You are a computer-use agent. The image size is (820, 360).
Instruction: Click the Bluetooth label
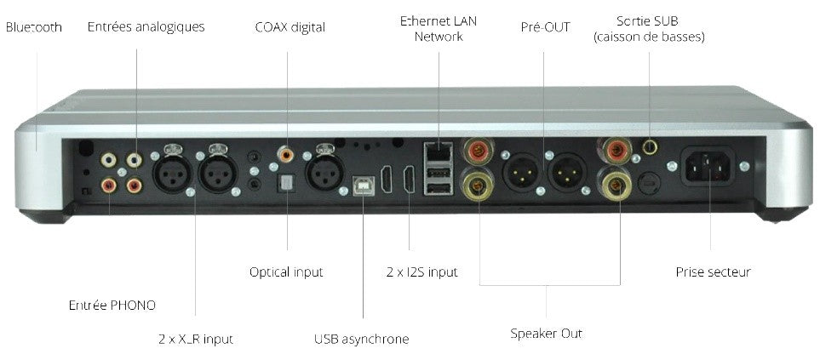34,27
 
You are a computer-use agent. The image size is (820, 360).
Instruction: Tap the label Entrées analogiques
146,27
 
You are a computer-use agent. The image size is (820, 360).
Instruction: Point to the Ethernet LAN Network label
439,29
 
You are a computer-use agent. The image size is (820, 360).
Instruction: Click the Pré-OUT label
545,27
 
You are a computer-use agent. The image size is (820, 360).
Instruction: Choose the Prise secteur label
713,272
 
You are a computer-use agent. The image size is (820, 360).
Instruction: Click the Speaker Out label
546,334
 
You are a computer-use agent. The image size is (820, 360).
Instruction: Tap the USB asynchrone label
361,339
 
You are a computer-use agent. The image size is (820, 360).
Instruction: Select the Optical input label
286,272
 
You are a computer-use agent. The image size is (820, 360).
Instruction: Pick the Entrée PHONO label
112,306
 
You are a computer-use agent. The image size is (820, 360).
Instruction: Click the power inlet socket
708,166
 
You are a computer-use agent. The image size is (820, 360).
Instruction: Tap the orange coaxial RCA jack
285,154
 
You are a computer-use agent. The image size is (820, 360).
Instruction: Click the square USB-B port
364,186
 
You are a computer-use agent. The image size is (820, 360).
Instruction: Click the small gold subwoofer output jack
650,147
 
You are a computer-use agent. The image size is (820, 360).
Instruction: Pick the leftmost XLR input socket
172,173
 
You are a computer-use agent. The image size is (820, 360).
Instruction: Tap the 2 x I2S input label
422,272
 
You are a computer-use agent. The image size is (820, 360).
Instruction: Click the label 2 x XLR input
196,339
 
